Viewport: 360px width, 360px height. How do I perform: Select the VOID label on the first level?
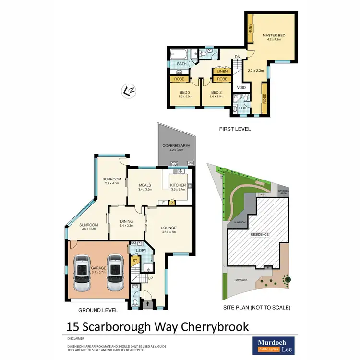click(241, 88)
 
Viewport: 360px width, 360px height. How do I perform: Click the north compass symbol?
click(128, 90)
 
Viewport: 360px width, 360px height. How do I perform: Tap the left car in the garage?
click(83, 273)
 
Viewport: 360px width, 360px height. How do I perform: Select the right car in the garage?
click(115, 273)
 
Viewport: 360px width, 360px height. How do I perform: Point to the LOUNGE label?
click(169, 228)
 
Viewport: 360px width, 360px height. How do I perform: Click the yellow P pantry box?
click(171, 203)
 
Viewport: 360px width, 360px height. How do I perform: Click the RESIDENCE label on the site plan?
click(259, 234)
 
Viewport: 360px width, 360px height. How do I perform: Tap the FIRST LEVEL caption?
click(235, 129)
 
